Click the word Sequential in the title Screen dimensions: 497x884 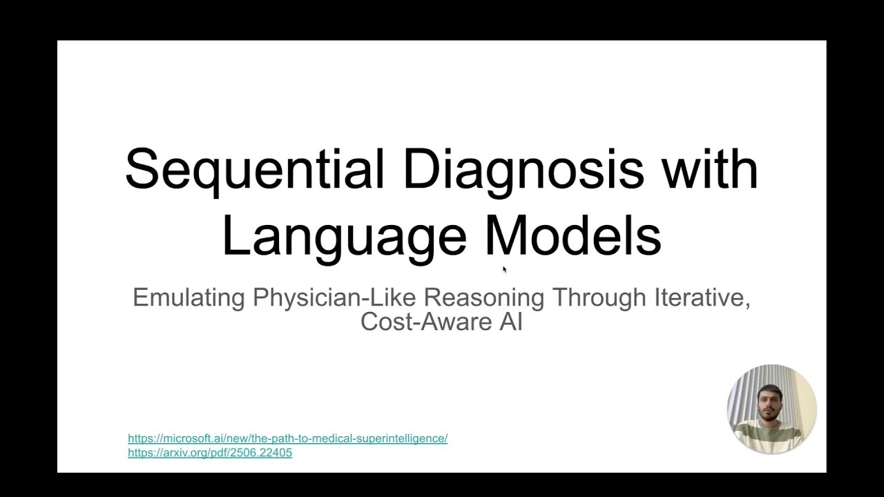tap(254, 169)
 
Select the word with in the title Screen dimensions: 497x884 tap(710, 169)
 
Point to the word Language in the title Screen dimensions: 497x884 tap(344, 237)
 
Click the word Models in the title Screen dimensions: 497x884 tap(573, 235)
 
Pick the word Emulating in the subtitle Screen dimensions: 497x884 tap(189, 298)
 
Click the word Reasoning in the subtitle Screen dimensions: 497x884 tap(484, 298)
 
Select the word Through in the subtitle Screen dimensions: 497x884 tap(597, 298)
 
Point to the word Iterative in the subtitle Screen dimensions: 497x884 tap(700, 298)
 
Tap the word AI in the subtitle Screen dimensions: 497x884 tap(510, 322)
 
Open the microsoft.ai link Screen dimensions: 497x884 tap(287, 438)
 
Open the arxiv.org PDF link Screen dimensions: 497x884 tap(210, 453)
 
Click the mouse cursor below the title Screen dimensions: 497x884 tap(504, 269)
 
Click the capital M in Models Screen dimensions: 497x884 tap(504, 235)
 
